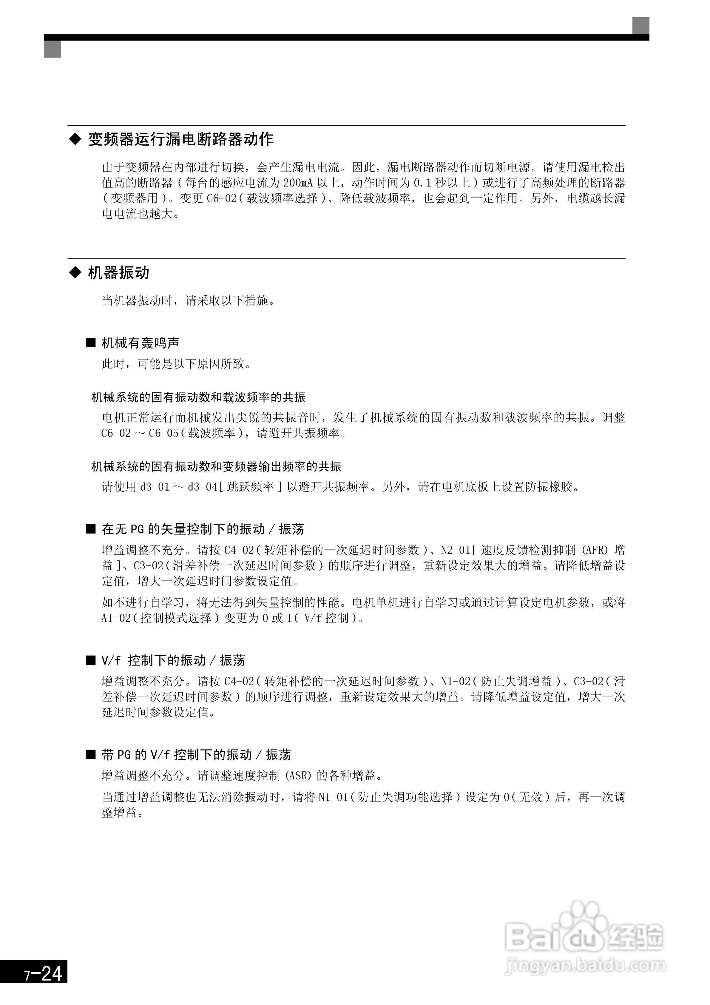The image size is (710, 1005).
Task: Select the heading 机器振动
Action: click(119, 273)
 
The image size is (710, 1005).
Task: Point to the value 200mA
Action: click(298, 183)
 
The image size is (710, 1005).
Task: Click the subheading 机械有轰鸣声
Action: click(140, 343)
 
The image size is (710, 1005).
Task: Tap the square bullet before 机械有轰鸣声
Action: click(91, 343)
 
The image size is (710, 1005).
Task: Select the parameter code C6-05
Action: click(164, 433)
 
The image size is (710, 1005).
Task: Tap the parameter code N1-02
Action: click(455, 682)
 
